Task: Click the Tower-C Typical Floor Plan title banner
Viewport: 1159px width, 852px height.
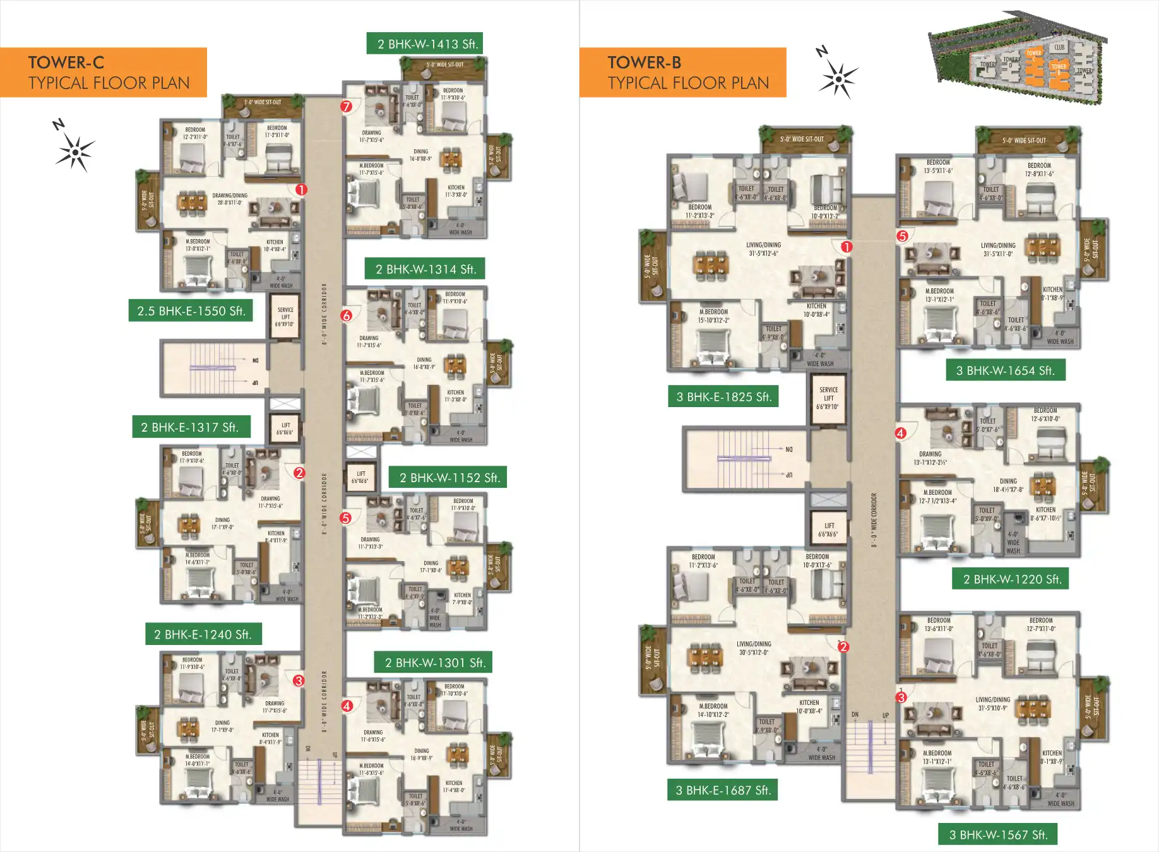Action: coord(104,73)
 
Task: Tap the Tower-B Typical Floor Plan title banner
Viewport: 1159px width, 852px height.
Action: coord(682,73)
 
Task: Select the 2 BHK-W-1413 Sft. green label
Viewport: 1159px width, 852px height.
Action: coord(425,44)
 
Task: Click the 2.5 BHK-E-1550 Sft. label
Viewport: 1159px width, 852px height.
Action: coord(191,311)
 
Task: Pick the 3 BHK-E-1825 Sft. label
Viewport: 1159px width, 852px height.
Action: coord(723,397)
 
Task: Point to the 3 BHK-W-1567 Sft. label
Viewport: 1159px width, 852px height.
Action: coord(998,834)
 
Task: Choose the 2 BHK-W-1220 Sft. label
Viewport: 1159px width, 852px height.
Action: coord(1011,579)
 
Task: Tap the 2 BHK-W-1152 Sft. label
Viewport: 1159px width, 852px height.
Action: coord(448,478)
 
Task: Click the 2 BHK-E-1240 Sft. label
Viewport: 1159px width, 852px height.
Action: coord(203,634)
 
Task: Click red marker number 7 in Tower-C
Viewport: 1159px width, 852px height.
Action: coord(346,106)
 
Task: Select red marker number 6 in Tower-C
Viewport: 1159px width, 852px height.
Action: coord(346,316)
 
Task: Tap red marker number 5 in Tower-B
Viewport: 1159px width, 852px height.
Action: coord(903,236)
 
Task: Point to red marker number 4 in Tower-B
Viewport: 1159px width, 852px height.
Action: coord(901,433)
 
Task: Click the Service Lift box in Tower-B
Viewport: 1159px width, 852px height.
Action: coord(828,398)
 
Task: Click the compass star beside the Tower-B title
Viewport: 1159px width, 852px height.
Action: coord(838,79)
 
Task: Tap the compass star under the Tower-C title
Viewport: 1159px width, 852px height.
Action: coord(75,152)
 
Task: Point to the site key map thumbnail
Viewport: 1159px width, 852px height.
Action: coord(1018,57)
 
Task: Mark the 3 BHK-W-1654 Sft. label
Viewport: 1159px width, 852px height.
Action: coord(1006,370)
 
